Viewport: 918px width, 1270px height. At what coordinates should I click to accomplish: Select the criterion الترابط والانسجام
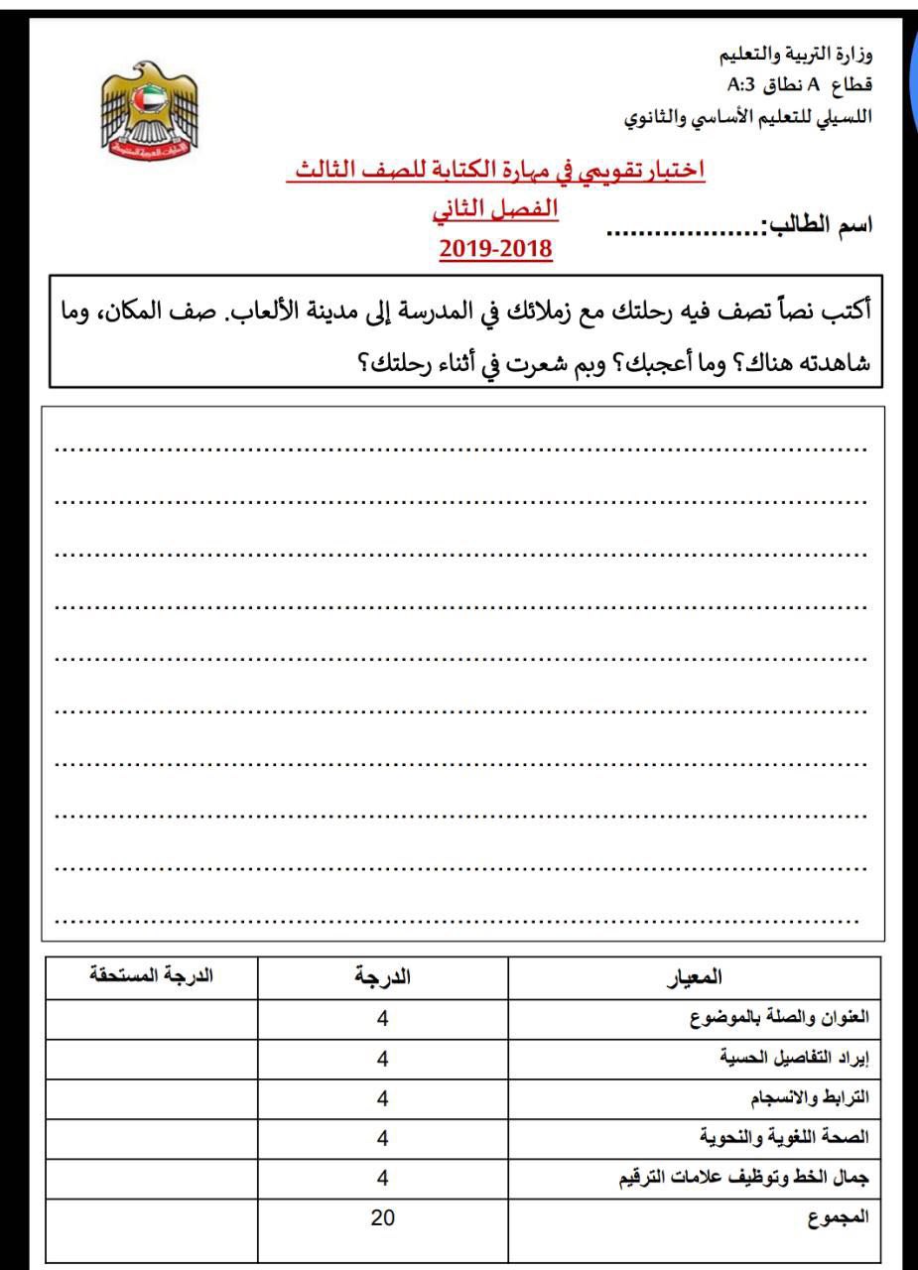[809, 1098]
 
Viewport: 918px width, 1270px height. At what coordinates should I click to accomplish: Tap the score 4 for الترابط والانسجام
[382, 1098]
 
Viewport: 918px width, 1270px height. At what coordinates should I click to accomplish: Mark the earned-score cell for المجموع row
[150, 1228]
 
